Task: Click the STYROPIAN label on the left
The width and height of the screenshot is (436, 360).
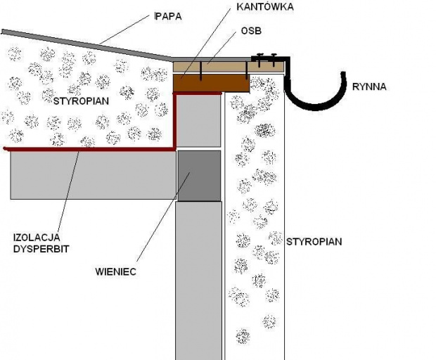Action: click(82, 101)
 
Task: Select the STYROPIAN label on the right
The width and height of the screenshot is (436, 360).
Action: click(314, 241)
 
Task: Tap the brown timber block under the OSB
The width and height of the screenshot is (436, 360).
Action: click(211, 82)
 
